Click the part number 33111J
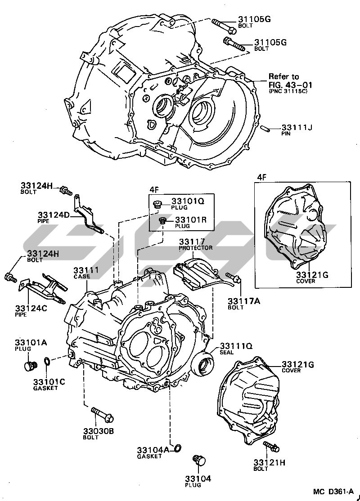coord(297,128)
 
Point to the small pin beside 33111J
coord(265,127)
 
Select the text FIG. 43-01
coord(290,84)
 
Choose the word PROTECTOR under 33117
coord(196,248)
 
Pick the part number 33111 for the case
coord(85,270)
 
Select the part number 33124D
coord(54,215)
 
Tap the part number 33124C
coord(31,308)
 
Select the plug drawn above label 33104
coord(198,461)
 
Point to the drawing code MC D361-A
coord(333,492)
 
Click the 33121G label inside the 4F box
coord(312,274)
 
